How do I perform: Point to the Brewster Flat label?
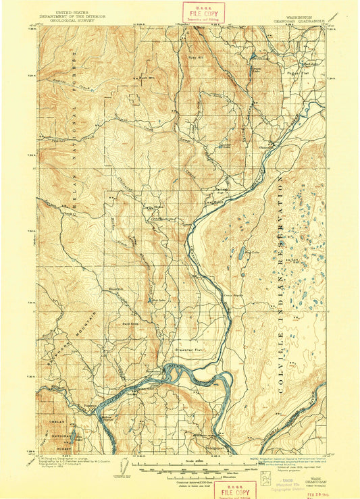[199, 350]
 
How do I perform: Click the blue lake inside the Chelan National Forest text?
[74, 430]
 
